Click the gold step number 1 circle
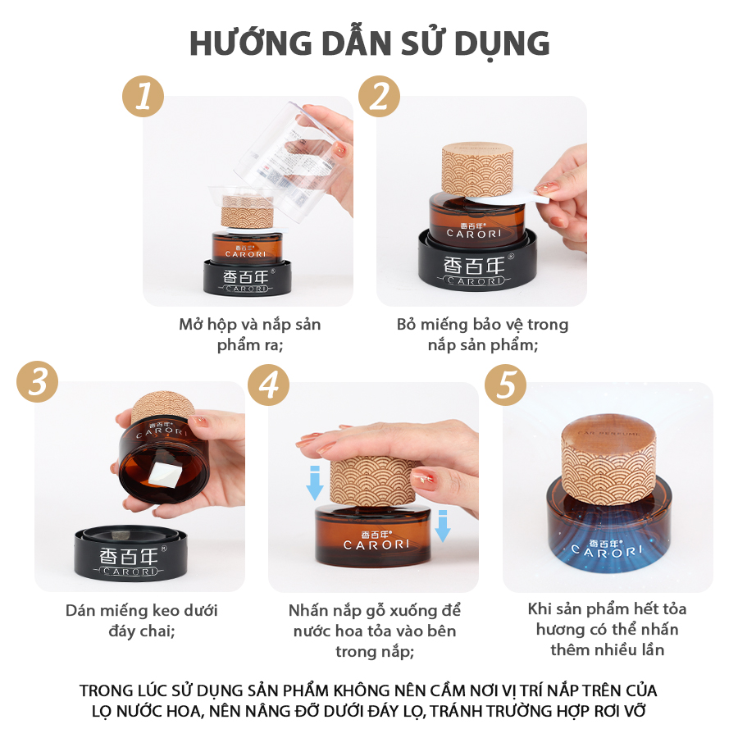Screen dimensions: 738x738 tap(143, 97)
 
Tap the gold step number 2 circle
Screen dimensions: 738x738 tap(379, 97)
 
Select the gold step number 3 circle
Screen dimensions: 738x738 tap(37, 381)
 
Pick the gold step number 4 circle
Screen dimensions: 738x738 tap(269, 385)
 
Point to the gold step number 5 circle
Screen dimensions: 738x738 tap(505, 385)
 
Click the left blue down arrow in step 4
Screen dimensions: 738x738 tap(315, 483)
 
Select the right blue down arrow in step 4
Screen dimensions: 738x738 tap(443, 526)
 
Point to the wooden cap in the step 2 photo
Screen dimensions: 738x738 tap(477, 170)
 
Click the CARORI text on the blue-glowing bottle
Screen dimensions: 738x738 tap(607, 551)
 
